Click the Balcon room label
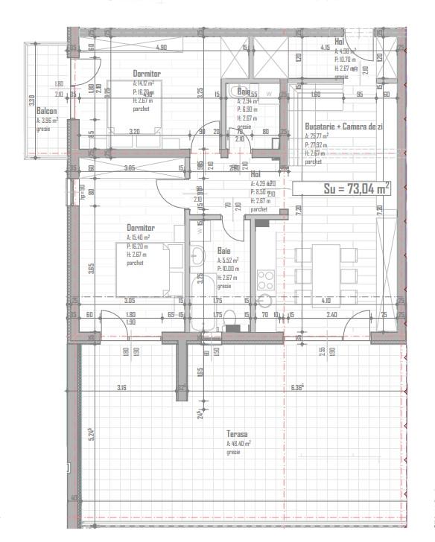click(x=46, y=110)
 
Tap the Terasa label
click(x=238, y=433)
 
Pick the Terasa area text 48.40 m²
click(x=238, y=443)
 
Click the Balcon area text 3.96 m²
click(x=47, y=119)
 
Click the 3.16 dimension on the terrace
click(x=121, y=387)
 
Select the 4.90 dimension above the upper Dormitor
click(x=161, y=47)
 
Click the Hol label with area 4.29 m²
click(x=255, y=174)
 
